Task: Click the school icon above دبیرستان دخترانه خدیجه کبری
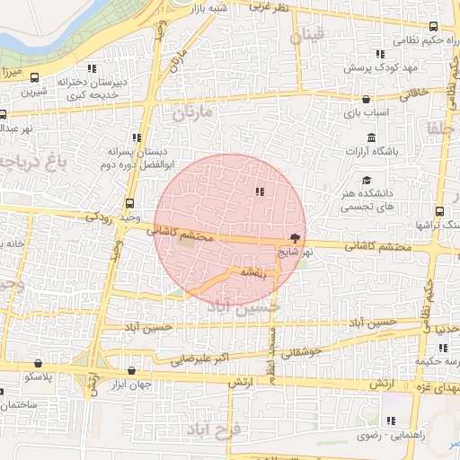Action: click(92, 68)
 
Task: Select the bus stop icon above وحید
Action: click(131, 203)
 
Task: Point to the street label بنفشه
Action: click(252, 272)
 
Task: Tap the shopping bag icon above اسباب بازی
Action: click(366, 100)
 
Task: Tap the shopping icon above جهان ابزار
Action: click(133, 370)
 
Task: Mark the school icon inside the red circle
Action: click(260, 190)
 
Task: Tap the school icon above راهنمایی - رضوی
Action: click(390, 420)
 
